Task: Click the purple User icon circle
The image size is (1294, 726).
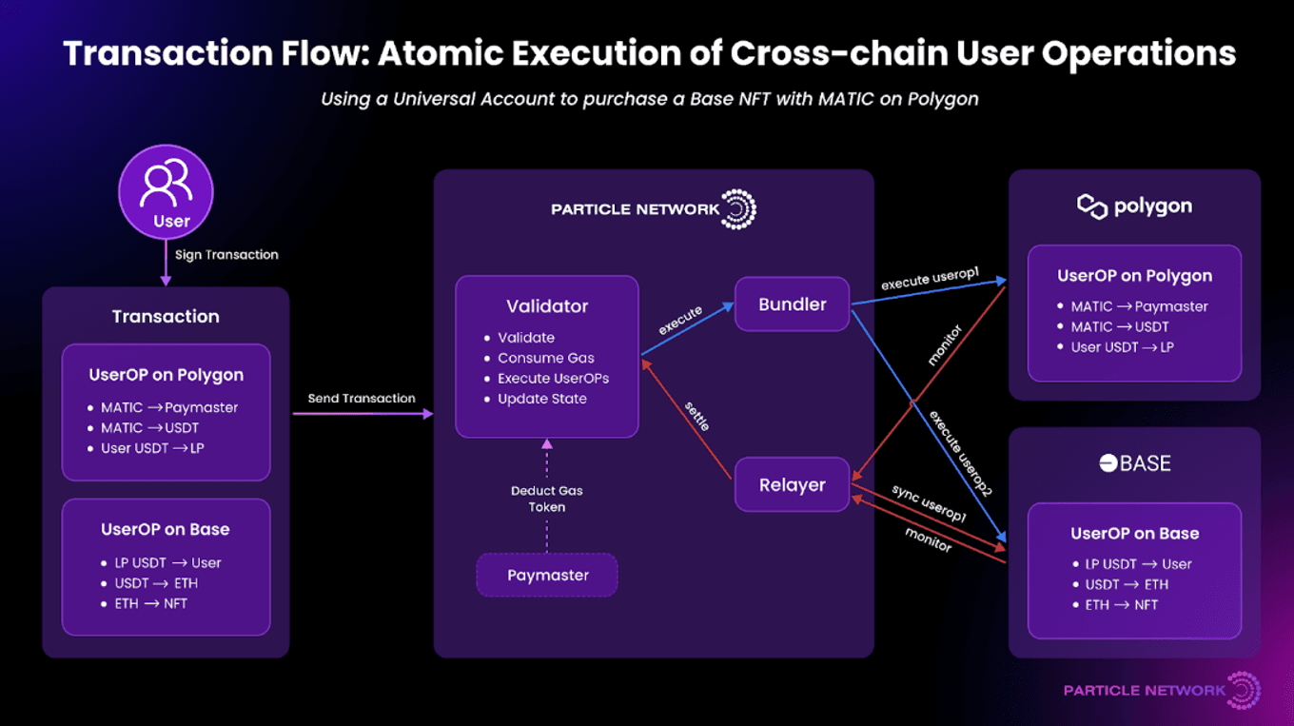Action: point(166,192)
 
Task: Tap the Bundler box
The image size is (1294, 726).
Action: point(792,304)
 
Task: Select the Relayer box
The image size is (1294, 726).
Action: point(792,485)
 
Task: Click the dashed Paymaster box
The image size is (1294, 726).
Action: point(547,575)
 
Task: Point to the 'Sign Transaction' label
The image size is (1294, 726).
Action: point(226,255)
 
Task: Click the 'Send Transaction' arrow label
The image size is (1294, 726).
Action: point(362,399)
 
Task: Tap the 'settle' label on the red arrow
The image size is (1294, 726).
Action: point(697,416)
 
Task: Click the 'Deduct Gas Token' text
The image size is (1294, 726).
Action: point(547,499)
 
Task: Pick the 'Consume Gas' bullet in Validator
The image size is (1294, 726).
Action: point(545,358)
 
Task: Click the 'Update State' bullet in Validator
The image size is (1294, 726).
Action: point(541,399)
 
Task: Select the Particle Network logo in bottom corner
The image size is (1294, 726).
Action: point(1162,690)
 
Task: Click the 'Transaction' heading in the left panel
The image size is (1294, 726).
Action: point(166,317)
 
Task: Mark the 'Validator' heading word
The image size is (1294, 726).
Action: point(547,306)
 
